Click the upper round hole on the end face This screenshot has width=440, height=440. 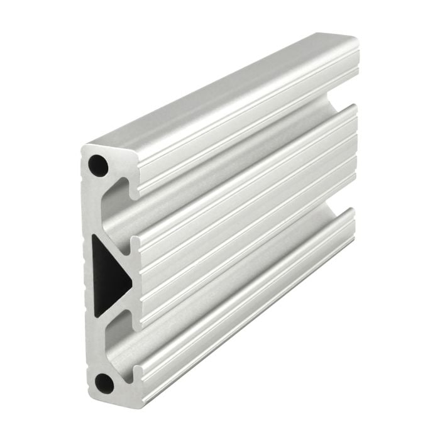(x=97, y=165)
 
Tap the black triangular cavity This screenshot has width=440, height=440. (x=108, y=277)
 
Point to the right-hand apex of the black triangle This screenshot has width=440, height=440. (x=131, y=276)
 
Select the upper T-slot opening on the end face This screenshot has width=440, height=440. (x=119, y=207)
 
